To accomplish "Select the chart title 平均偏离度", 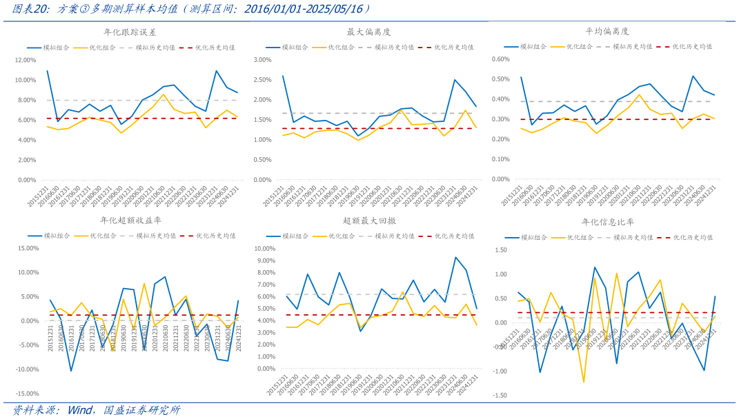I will click(x=607, y=32).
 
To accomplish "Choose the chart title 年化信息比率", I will click(x=607, y=222).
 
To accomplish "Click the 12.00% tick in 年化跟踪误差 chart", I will click(x=25, y=60).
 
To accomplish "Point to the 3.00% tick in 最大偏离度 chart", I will click(x=264, y=60).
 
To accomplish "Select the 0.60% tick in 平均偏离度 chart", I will click(x=500, y=59).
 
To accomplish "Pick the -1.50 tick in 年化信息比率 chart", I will click(x=499, y=396).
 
